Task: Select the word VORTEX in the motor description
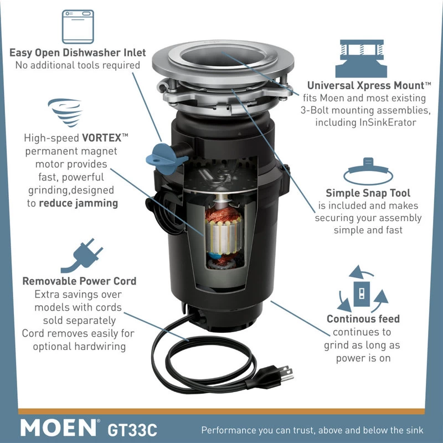pos(102,137)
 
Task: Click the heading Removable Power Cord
pos(79,281)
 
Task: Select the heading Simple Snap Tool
pos(368,193)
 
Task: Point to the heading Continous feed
pos(363,319)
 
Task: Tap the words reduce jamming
pos(78,203)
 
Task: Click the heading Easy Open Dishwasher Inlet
pos(78,53)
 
